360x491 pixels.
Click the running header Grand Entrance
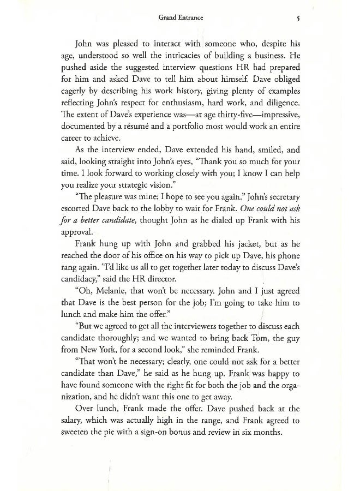pos(180,18)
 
